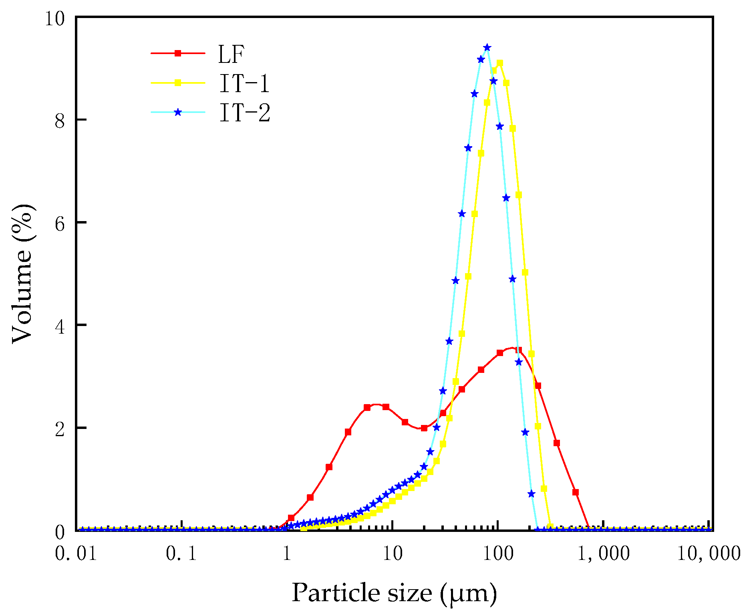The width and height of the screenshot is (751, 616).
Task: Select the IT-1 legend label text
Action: click(244, 83)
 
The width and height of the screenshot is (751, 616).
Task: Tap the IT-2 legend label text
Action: click(244, 113)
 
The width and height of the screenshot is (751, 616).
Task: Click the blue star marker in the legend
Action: click(178, 113)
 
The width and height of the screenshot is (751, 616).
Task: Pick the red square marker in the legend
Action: click(178, 53)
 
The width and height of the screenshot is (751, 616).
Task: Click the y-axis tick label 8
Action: click(60, 121)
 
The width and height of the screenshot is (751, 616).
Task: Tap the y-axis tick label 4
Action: click(60, 326)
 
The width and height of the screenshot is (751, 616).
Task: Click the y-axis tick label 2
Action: click(60, 429)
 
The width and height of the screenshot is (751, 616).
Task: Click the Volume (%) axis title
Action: click(23, 274)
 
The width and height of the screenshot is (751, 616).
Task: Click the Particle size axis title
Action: click(394, 593)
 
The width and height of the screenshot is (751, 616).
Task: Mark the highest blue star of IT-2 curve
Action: click(487, 48)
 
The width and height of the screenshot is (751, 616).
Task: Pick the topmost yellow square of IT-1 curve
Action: click(499, 63)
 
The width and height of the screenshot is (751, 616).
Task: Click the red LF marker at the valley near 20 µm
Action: click(424, 428)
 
